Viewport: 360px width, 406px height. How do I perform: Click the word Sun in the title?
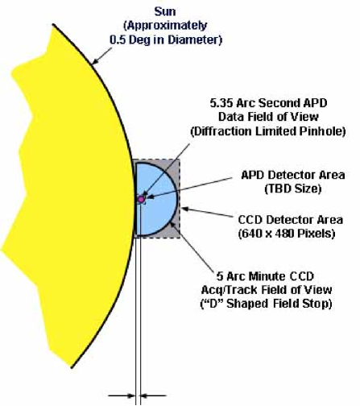click(x=165, y=12)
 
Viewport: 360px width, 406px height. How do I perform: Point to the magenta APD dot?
click(x=141, y=200)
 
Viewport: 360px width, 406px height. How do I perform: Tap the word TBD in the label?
click(x=279, y=188)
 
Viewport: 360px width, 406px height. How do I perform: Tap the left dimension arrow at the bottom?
click(x=122, y=396)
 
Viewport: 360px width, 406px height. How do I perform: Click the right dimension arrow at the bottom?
click(x=153, y=396)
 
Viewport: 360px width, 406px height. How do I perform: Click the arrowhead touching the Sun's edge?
click(x=95, y=61)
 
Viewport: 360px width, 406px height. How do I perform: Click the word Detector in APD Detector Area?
click(x=293, y=175)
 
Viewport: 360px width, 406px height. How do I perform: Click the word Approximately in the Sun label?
click(x=165, y=26)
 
